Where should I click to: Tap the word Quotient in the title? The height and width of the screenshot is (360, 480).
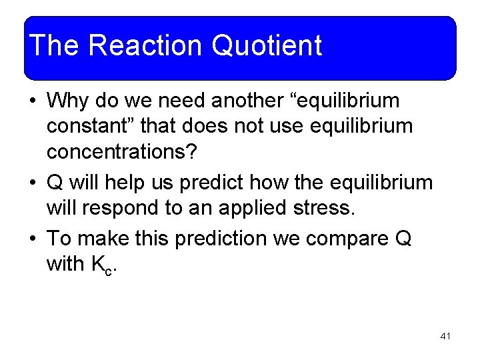pyautogui.click(x=267, y=45)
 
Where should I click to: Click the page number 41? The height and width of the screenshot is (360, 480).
pyautogui.click(x=445, y=337)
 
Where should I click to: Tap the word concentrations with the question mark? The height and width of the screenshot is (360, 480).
pyautogui.click(x=122, y=151)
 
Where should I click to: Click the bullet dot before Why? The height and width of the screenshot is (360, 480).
pyautogui.click(x=33, y=102)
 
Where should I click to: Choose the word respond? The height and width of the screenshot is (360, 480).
pyautogui.click(x=131, y=207)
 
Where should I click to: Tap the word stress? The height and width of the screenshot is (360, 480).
pyautogui.click(x=324, y=207)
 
